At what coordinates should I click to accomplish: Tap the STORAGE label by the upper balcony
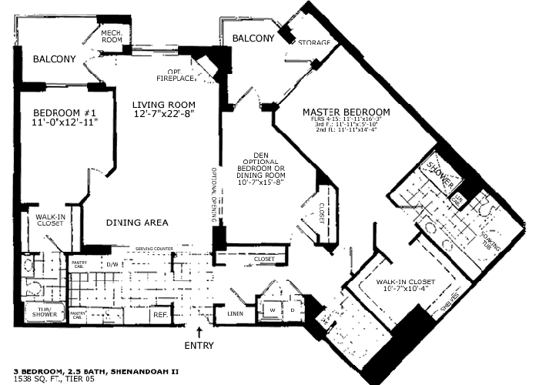click(314, 42)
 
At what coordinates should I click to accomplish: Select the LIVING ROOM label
click(162, 104)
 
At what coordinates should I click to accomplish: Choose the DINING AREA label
click(137, 223)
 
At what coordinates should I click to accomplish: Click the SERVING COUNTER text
click(152, 249)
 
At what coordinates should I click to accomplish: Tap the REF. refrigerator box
click(160, 314)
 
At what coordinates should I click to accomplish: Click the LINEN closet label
click(236, 313)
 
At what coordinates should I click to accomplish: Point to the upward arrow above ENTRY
click(200, 332)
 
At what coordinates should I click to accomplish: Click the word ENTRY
click(199, 346)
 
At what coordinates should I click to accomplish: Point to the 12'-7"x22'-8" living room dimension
click(162, 115)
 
